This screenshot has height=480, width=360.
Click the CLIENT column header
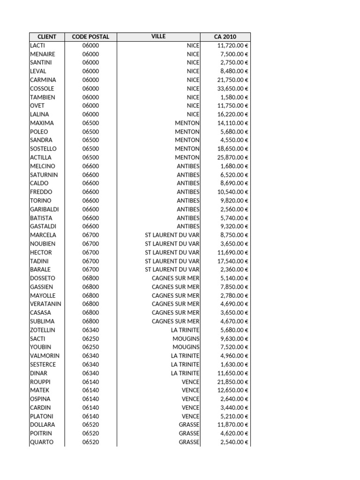[47, 37]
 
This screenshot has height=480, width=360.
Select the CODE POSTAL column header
[90, 37]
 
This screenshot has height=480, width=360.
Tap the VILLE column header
[158, 37]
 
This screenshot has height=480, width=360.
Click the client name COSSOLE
[42, 89]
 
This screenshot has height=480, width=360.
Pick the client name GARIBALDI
[45, 209]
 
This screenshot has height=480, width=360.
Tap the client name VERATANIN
[45, 304]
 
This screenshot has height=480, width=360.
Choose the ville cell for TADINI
[172, 261]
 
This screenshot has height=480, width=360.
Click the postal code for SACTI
[90, 338]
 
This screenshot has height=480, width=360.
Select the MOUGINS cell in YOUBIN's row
[186, 347]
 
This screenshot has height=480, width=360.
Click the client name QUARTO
[42, 442]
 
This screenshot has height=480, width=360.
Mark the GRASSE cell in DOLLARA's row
[189, 425]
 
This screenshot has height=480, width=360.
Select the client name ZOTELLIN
[43, 330]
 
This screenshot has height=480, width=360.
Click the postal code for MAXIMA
[90, 123]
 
